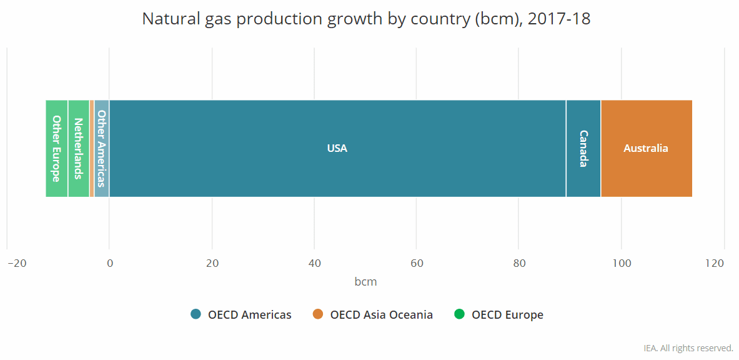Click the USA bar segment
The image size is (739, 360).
(337, 148)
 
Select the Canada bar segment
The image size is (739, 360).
(583, 148)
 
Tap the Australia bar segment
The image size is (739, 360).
(646, 148)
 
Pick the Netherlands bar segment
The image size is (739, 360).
(78, 148)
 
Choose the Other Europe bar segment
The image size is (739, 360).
(56, 148)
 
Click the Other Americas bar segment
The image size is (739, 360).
(102, 148)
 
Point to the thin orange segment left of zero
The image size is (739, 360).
(92, 148)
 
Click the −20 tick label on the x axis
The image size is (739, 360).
(17, 263)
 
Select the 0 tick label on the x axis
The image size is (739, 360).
(109, 263)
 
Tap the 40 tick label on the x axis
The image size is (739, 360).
(314, 263)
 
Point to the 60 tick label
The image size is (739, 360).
(417, 263)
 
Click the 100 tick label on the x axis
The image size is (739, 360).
(622, 263)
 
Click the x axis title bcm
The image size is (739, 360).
(365, 282)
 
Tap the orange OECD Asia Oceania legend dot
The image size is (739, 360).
(318, 314)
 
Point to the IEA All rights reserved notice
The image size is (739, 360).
(688, 348)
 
